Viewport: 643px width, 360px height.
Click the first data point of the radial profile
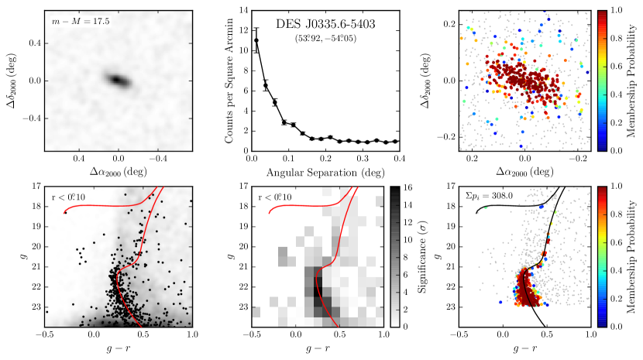256,40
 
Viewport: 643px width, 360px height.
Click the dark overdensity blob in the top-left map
117,80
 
